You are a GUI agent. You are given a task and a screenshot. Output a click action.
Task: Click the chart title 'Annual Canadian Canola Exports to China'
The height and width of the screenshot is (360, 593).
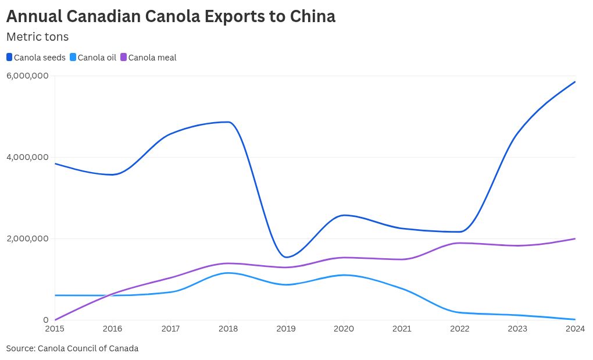tap(170, 16)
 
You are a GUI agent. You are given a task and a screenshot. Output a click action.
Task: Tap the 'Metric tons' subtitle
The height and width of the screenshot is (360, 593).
tap(37, 37)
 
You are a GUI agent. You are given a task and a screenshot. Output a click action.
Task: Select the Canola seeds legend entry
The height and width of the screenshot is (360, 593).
tap(35, 58)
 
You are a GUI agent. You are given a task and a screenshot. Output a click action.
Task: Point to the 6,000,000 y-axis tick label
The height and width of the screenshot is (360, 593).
tap(27, 76)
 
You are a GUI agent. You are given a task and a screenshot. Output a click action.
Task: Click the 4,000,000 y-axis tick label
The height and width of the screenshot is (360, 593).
tap(27, 157)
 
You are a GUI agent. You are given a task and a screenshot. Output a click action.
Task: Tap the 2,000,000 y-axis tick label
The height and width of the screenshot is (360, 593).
tap(27, 238)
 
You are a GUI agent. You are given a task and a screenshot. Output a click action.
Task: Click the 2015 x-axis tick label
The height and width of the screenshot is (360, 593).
tap(55, 329)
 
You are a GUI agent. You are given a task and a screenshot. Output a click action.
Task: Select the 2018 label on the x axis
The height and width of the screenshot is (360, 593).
tap(228, 329)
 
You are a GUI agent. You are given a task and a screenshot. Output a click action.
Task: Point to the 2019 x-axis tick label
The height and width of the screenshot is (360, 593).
tap(286, 329)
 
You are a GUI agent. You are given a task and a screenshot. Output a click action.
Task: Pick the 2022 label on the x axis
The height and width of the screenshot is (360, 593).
tap(459, 329)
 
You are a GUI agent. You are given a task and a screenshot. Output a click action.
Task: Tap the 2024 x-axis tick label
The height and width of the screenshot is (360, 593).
tap(575, 329)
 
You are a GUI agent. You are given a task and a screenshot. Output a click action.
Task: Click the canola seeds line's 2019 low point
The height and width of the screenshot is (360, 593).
tap(286, 257)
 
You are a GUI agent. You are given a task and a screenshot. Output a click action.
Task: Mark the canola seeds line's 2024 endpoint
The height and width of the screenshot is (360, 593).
tap(575, 82)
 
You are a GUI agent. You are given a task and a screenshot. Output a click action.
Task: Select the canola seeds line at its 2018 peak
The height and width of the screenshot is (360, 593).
tap(228, 122)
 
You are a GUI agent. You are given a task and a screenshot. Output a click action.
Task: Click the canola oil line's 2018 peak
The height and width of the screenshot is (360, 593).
tap(228, 273)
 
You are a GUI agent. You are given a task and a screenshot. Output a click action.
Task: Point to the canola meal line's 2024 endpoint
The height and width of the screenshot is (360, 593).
tap(575, 238)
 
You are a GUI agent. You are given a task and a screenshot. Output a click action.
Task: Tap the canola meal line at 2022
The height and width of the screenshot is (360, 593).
tap(459, 243)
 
